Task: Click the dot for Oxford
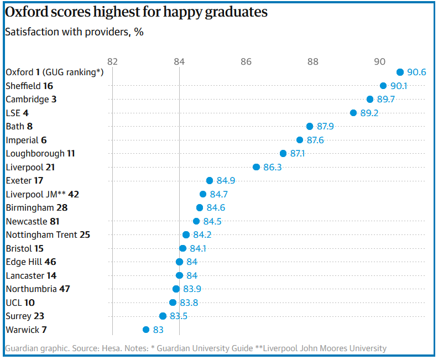pos(400,72)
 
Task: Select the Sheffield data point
pos(383,86)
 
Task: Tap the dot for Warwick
pos(146,330)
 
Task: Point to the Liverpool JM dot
pos(203,194)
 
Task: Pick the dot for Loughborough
pos(283,153)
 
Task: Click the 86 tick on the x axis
pos(246,61)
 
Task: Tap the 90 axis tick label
pos(380,61)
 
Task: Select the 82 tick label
pos(112,61)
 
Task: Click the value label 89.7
pos(387,100)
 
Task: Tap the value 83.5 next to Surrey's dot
pos(179,316)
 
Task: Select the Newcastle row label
pos(27,221)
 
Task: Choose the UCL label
pos(14,302)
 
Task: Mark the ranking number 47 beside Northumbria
pos(65,289)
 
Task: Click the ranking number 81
pos(55,221)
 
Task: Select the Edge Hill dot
pos(179,262)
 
